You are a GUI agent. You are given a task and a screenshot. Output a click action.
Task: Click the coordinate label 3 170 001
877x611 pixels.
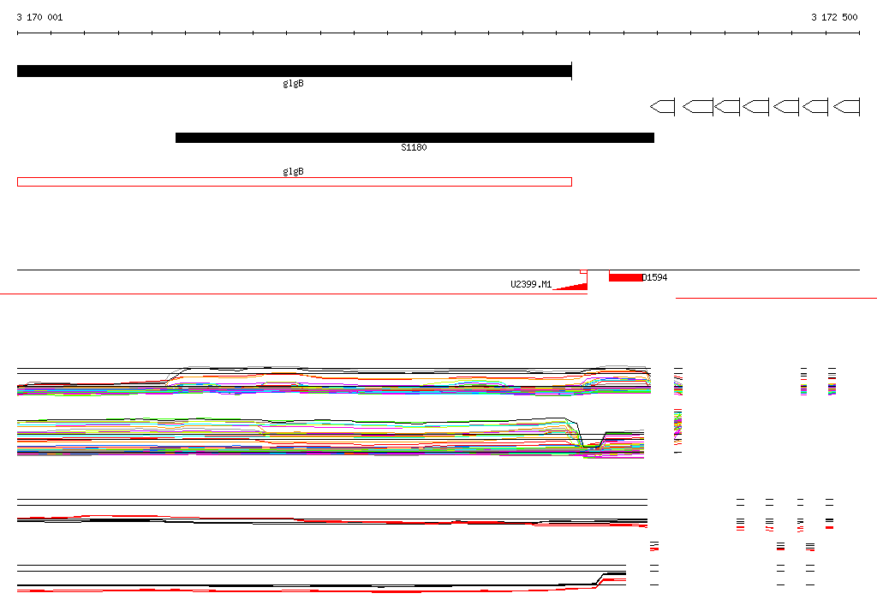point(39,17)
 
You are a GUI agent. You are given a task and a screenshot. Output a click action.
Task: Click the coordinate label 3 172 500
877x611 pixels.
point(834,17)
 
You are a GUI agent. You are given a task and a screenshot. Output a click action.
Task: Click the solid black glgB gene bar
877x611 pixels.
point(295,71)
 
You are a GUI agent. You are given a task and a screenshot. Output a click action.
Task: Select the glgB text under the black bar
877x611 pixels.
point(293,83)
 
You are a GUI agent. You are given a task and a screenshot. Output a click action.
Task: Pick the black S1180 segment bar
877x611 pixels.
point(415,138)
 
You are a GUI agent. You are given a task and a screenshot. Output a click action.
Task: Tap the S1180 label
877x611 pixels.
point(414,147)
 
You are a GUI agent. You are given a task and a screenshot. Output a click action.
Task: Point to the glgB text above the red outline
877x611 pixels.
point(293,171)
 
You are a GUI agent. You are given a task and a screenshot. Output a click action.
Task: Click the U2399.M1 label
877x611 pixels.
point(531,284)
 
